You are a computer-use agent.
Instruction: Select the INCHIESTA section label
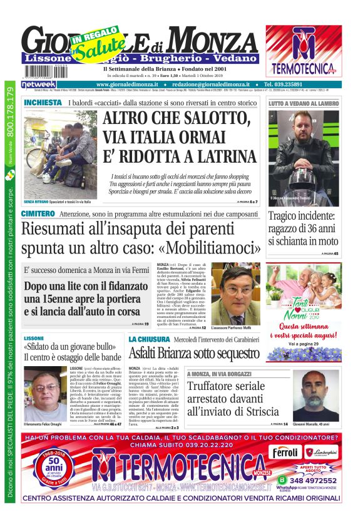[x=43, y=102]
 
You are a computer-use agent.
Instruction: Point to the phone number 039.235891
[x=284, y=84]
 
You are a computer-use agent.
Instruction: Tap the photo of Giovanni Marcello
[x=316, y=396]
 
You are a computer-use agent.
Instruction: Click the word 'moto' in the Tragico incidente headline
[x=322, y=240]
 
